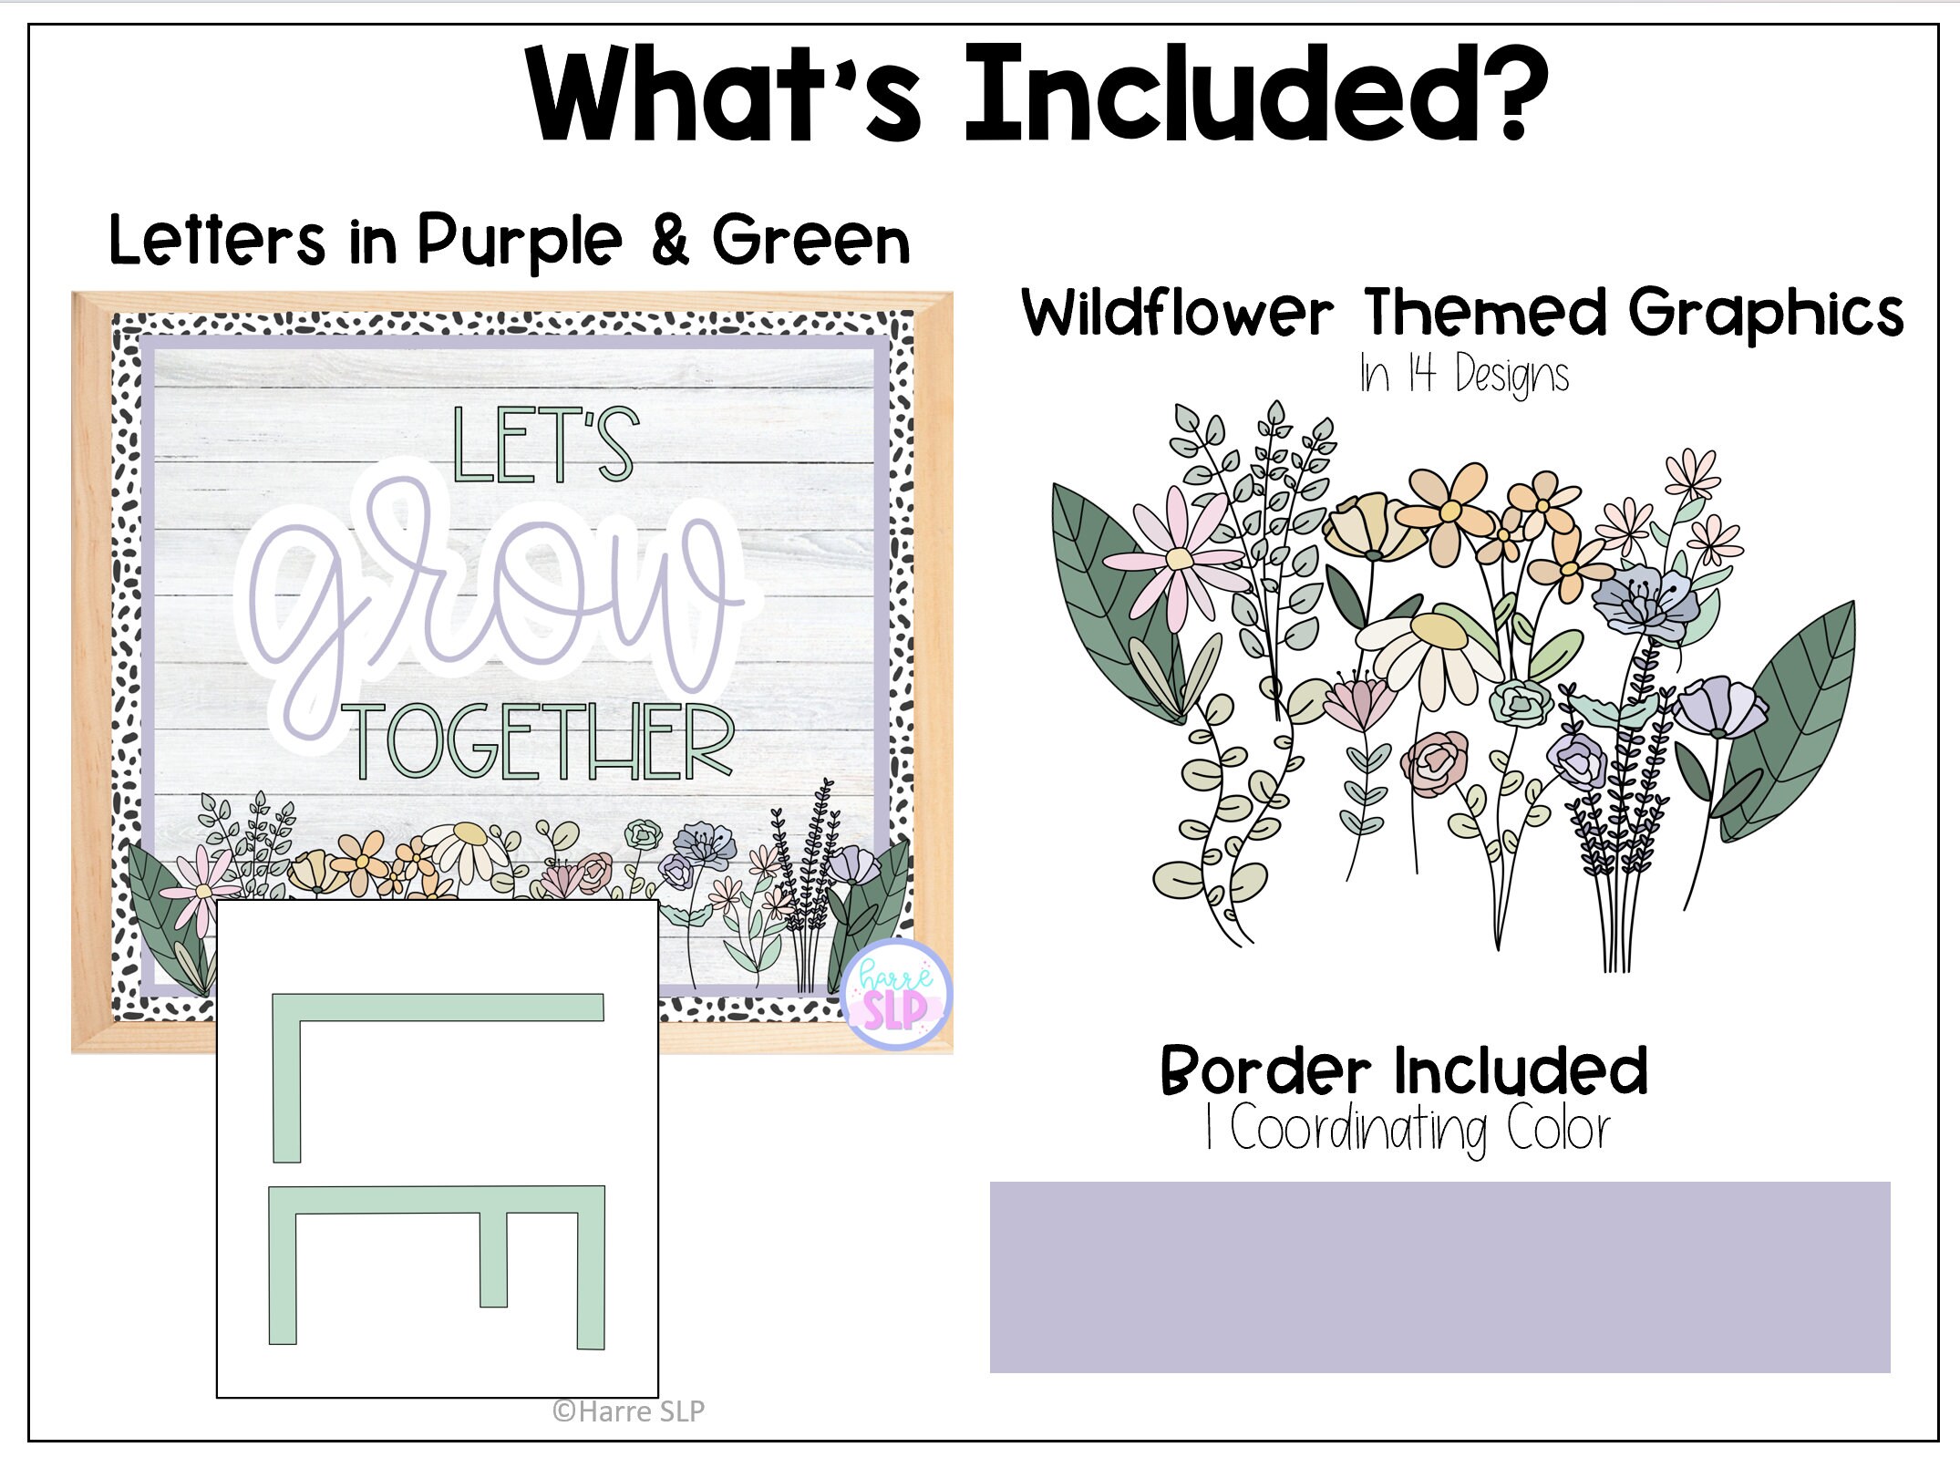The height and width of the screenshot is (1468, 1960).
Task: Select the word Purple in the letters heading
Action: [520, 242]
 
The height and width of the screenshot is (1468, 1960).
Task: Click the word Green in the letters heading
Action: [811, 242]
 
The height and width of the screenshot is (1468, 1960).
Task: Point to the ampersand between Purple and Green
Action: [670, 240]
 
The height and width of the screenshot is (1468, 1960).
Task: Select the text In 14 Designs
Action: [1464, 374]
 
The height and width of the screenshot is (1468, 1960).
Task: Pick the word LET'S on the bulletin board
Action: [545, 446]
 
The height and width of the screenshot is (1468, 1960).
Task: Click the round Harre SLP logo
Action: [896, 994]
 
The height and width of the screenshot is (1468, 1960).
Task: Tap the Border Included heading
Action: [1404, 1071]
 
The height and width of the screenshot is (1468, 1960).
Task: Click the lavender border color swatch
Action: [1440, 1277]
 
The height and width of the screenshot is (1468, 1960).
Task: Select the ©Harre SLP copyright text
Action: [628, 1411]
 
